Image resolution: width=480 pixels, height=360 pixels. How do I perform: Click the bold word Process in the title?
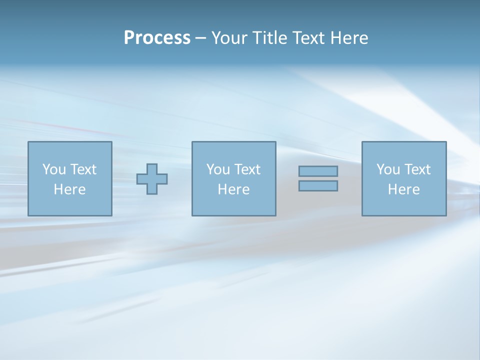coord(157,38)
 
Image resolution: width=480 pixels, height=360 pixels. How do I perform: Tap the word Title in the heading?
coord(270,38)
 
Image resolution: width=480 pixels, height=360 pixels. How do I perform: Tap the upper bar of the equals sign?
coord(318,171)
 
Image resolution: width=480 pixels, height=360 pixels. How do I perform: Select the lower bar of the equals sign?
coord(318,186)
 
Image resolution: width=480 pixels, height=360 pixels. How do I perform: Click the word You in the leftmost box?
coord(53,169)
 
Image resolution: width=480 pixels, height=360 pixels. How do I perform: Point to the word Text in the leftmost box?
coord(82,169)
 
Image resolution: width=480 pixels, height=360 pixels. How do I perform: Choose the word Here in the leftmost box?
coord(69,189)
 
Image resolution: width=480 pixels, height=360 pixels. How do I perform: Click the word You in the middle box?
coord(217,169)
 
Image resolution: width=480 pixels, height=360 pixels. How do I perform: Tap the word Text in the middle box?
coord(246,169)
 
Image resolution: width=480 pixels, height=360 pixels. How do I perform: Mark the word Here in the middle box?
coord(233,189)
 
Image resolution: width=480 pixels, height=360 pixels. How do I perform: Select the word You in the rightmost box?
coord(387,169)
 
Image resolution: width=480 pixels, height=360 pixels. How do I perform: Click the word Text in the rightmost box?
coord(416,169)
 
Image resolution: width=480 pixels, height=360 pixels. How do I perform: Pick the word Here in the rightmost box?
coord(403,189)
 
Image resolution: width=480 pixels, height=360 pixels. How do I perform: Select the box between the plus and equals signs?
coord(233,205)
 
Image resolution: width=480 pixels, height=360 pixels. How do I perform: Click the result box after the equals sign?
coord(403,205)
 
